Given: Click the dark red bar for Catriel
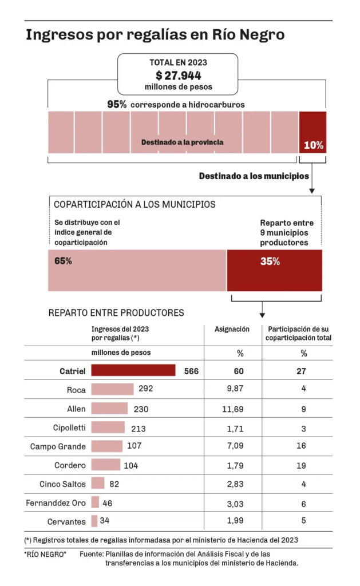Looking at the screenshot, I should pyautogui.click(x=133, y=370).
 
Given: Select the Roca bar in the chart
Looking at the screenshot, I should pyautogui.click(x=112, y=389).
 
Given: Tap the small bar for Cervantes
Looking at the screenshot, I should pyautogui.click(x=94, y=521).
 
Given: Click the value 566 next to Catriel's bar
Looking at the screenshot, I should pyautogui.click(x=191, y=371).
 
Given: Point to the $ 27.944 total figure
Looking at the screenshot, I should pyautogui.click(x=178, y=75).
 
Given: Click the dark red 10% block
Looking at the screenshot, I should pyautogui.click(x=312, y=132).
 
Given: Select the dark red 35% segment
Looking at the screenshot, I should pyautogui.click(x=274, y=270).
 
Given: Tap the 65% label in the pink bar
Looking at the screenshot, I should pyautogui.click(x=63, y=262).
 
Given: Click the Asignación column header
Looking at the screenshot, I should pyautogui.click(x=232, y=329).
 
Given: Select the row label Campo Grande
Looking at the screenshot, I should pyautogui.click(x=58, y=446).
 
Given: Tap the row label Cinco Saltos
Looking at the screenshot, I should pyautogui.click(x=63, y=484).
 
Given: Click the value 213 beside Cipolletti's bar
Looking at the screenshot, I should pyautogui.click(x=138, y=428).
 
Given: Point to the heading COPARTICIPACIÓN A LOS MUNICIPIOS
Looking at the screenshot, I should pyautogui.click(x=134, y=204).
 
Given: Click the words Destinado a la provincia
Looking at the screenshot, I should pyautogui.click(x=182, y=142).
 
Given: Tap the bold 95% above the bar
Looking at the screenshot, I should pyautogui.click(x=117, y=105).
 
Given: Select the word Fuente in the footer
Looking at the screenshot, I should pyautogui.click(x=92, y=554).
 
